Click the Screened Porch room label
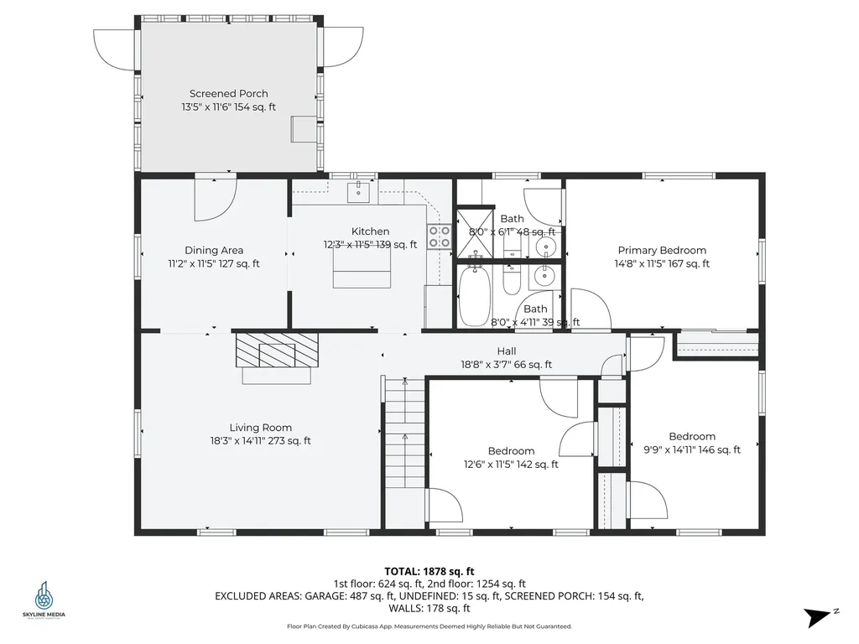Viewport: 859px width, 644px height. pos(228,94)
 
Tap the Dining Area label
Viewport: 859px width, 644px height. pos(214,250)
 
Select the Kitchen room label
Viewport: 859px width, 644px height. pos(370,231)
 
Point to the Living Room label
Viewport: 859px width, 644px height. pos(260,428)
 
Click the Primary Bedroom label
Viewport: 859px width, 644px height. pos(662,250)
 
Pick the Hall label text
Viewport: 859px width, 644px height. pos(507,351)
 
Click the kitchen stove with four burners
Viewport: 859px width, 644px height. pos(440,236)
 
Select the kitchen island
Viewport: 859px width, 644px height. pos(362,271)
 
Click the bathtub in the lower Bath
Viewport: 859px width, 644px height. pos(474,296)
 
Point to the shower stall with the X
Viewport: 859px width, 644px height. pos(475,231)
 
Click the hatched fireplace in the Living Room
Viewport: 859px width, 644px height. pos(277,350)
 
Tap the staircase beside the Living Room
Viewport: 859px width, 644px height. pos(405,433)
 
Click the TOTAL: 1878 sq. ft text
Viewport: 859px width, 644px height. pos(429,572)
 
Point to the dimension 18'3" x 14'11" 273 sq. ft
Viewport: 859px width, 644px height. pos(260,441)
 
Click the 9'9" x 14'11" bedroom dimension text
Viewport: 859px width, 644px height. pos(692,449)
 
